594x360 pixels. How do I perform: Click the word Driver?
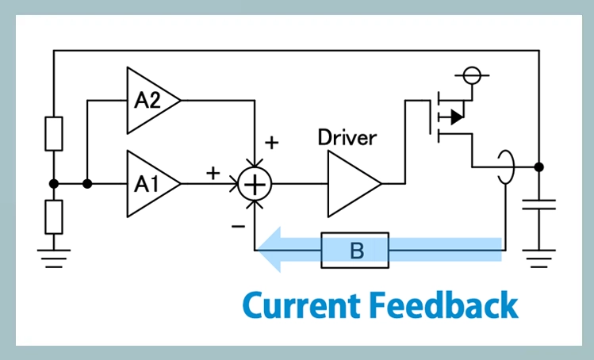[x=347, y=136]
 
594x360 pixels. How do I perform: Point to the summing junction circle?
[x=255, y=184]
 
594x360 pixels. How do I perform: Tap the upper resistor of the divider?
[x=53, y=134]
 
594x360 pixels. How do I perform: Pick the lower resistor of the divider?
[x=53, y=216]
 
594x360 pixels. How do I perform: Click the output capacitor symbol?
[x=539, y=205]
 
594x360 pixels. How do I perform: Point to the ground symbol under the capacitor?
[x=539, y=258]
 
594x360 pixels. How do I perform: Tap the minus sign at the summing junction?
[x=238, y=225]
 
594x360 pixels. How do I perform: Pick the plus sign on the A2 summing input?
[x=271, y=143]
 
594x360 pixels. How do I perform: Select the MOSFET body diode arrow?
[x=455, y=117]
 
